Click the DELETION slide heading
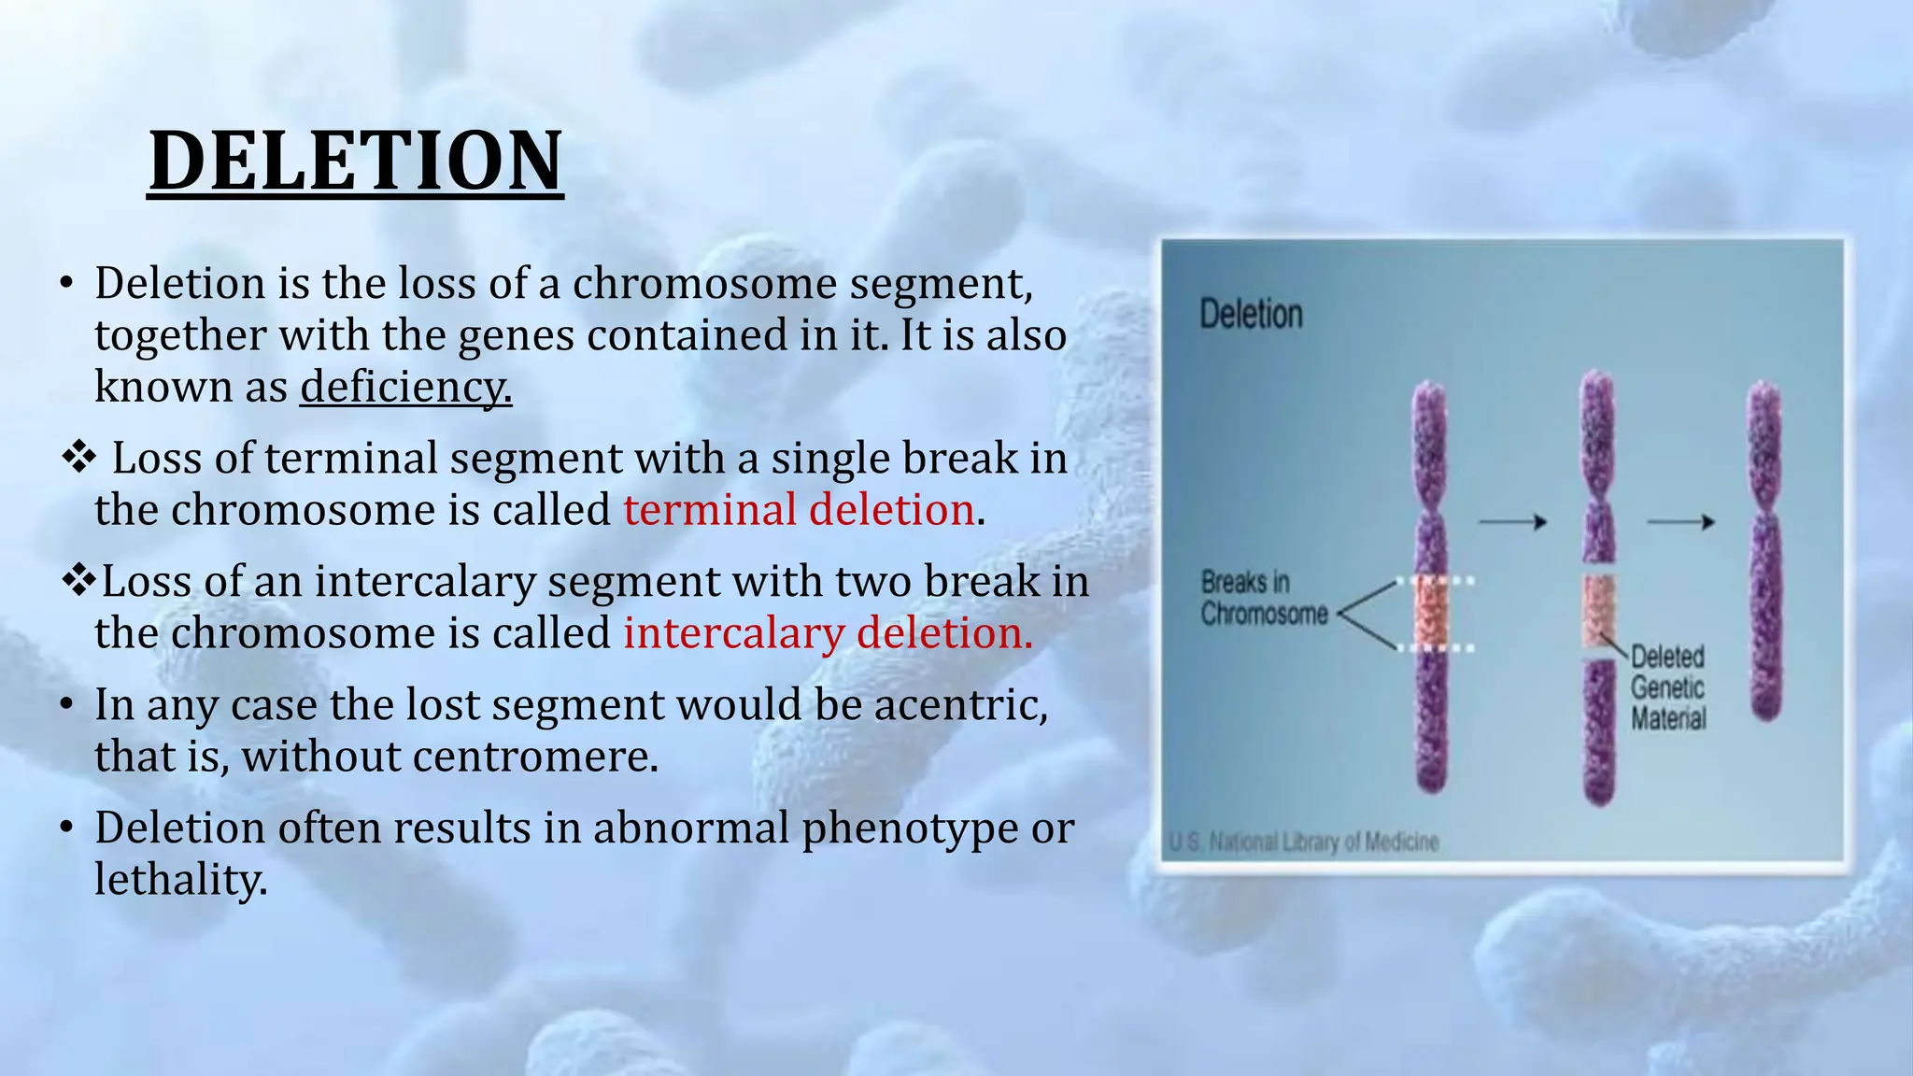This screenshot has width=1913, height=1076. (355, 161)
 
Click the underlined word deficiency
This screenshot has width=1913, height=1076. (405, 387)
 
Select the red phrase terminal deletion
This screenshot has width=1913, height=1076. (799, 510)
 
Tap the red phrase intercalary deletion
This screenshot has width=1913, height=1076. (828, 633)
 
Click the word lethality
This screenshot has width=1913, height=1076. (180, 880)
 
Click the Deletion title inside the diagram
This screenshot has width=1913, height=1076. (1250, 315)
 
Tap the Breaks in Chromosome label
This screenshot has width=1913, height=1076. (1263, 598)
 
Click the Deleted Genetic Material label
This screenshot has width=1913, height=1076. (1667, 687)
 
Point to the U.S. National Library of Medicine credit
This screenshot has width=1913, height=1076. (1304, 842)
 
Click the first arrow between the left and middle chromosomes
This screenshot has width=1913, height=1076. (1513, 522)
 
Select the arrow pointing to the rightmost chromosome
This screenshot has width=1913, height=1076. (1680, 522)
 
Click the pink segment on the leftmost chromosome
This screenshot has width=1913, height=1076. (1430, 613)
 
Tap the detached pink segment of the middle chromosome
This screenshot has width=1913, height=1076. (1598, 613)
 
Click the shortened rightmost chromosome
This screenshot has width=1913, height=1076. (1764, 551)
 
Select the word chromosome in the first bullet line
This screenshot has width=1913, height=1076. (703, 284)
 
